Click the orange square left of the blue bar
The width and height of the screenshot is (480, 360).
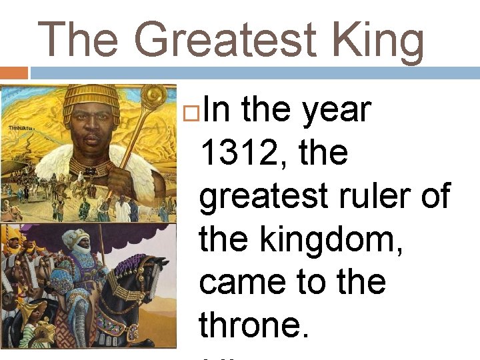(x=13, y=73)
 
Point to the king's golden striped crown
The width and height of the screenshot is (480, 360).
(x=91, y=99)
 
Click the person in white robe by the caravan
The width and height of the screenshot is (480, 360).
(x=122, y=210)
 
